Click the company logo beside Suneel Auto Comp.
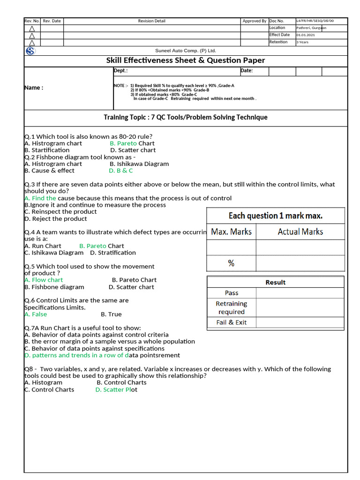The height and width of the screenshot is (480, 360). coord(30,51)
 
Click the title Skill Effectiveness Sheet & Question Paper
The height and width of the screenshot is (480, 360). coord(186,60)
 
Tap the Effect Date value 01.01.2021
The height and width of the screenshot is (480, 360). coord(306,35)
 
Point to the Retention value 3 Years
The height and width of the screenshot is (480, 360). coord(303,42)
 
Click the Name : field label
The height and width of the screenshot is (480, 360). coord(34,88)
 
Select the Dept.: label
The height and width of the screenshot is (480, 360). coord(120,71)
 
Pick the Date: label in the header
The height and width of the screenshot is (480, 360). coord(247,71)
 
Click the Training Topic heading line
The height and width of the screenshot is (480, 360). coord(186,117)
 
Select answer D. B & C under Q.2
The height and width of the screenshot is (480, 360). coord(121,171)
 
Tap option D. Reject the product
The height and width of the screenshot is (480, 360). coord(55,219)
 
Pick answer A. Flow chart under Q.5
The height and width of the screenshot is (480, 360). coord(43,280)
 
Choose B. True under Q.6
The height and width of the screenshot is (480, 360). coord(111,315)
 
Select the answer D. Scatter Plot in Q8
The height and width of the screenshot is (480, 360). coord(116,390)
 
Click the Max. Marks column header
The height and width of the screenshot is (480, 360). coord(231,232)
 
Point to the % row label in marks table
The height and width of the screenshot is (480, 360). coord(231,263)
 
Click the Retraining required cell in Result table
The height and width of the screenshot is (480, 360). coord(231,307)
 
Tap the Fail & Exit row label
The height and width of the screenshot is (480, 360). coord(231,322)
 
